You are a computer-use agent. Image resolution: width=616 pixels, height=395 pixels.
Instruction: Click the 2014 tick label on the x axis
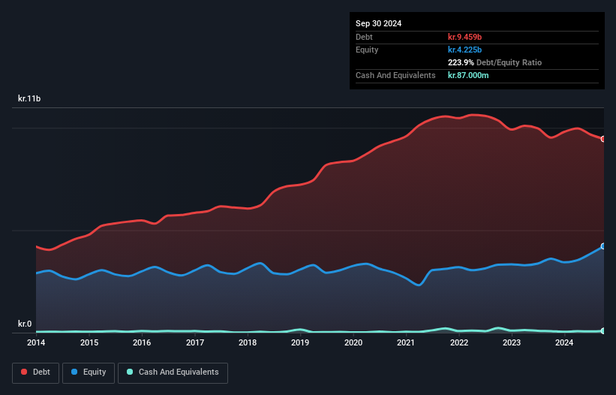click(x=36, y=343)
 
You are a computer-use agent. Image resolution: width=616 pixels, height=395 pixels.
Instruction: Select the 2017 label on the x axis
click(x=195, y=343)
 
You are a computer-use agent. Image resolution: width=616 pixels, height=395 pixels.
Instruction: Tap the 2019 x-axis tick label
click(x=300, y=343)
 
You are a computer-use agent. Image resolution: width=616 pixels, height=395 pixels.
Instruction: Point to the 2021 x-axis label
click(x=406, y=343)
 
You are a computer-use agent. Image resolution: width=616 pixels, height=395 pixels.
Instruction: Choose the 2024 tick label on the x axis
click(x=564, y=343)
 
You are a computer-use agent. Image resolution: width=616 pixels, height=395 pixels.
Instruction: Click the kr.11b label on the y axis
click(x=30, y=98)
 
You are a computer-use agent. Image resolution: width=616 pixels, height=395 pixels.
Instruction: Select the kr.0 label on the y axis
click(x=25, y=324)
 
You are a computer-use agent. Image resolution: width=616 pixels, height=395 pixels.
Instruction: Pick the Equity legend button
click(x=89, y=372)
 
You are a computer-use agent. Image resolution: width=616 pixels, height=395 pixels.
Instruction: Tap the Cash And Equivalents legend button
click(x=173, y=372)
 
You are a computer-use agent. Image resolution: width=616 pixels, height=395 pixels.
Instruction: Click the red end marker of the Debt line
click(x=602, y=139)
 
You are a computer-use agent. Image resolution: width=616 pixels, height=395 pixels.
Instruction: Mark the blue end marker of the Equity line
click(x=602, y=246)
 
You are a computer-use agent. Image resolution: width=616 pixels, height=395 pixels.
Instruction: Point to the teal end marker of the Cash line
click(x=602, y=330)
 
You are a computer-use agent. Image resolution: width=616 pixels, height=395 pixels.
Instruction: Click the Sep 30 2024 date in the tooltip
click(x=379, y=23)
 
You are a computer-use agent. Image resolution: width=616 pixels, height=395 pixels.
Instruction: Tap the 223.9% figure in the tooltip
click(x=461, y=62)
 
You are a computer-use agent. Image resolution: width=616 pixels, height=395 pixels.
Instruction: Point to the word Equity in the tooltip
click(x=368, y=50)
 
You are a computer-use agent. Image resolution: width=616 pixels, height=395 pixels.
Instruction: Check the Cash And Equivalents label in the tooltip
click(x=395, y=75)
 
